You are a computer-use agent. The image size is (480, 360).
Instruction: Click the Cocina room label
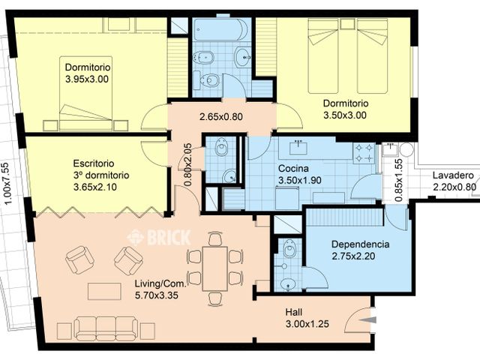coord(293,169)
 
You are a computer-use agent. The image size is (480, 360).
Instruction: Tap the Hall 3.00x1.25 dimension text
coord(307,324)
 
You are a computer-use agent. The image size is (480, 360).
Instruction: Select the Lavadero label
coord(453,175)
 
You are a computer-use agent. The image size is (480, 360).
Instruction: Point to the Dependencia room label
coord(360,244)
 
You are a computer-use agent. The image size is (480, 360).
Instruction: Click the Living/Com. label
coord(160,283)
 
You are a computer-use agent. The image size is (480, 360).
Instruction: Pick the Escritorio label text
coord(94,163)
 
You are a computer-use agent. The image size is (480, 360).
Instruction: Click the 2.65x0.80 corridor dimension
coord(221,117)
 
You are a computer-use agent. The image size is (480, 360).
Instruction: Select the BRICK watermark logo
coord(159,237)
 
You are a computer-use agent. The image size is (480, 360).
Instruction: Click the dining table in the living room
coord(214,268)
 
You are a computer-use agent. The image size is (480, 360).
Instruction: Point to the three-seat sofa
coord(106,328)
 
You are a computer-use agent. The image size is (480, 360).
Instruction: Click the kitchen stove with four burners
coord(364,153)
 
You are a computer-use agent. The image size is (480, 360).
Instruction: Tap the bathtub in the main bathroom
coord(220,29)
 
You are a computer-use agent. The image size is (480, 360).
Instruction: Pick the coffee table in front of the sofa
coord(104,292)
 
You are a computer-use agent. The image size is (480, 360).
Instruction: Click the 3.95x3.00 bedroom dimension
coord(87,79)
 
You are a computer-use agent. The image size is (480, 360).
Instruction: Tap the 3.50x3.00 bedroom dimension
coord(345,115)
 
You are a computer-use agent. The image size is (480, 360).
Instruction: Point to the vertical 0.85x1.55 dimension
coord(398,181)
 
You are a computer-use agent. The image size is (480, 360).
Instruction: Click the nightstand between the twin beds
coord(347,23)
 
